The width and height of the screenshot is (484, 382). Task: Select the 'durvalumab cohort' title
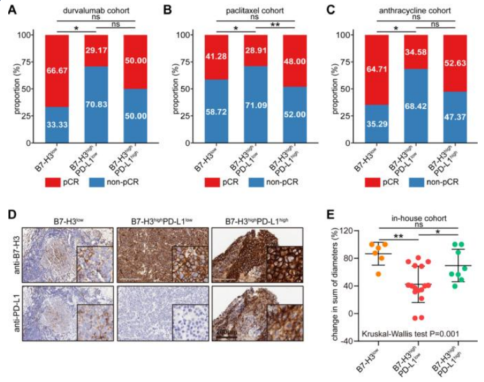click(88, 11)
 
